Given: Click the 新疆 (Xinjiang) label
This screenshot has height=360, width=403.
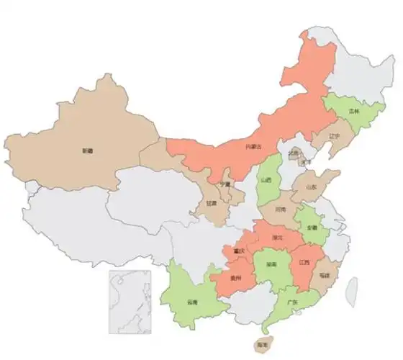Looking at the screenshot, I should click(x=87, y=151).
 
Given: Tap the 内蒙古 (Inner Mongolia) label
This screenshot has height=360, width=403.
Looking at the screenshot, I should click(x=253, y=147).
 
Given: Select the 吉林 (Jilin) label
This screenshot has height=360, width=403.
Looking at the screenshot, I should click(x=353, y=112).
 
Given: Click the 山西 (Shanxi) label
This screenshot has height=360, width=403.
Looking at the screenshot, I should click(x=267, y=180).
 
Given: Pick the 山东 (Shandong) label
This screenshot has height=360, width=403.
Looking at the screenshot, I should click(x=311, y=186).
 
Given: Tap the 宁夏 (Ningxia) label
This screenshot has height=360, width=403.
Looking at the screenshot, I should click(x=225, y=184).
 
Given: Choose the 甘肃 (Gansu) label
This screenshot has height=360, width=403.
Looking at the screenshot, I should click(x=211, y=204).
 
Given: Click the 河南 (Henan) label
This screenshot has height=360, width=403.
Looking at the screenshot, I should click(x=281, y=210).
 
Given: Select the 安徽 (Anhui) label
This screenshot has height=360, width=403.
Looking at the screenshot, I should click(x=312, y=228).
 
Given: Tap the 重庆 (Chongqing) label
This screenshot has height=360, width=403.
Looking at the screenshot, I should click(x=239, y=251).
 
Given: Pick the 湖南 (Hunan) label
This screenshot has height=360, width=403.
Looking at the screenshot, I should click(x=271, y=265).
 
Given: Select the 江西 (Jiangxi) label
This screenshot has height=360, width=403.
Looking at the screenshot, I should click(x=303, y=263).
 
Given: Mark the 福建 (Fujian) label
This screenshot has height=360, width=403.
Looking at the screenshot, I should click(x=326, y=275).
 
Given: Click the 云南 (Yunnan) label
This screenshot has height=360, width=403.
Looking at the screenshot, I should click(x=191, y=301).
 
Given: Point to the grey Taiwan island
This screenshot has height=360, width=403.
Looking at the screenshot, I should click(x=351, y=289).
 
